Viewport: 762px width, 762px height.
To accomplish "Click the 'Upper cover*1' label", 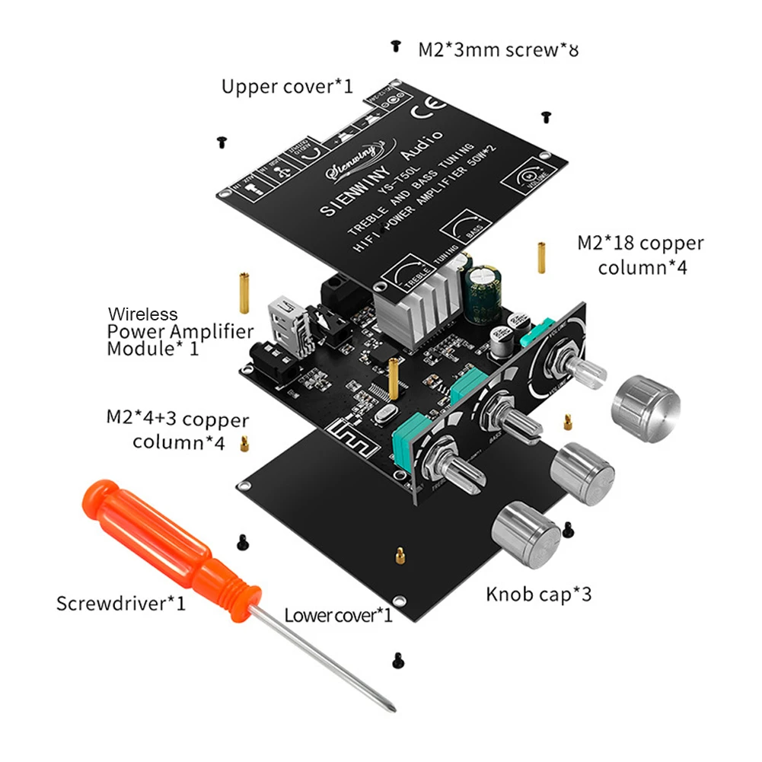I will pyautogui.click(x=287, y=86).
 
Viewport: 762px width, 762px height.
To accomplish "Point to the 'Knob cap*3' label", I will pyautogui.click(x=538, y=594).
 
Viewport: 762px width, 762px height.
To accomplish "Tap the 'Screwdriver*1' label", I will pyautogui.click(x=121, y=604).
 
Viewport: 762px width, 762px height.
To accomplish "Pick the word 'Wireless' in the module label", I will pyautogui.click(x=142, y=314).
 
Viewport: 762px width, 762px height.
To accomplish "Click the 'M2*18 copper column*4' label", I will pyautogui.click(x=639, y=255).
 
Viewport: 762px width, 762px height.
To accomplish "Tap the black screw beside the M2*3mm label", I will pyautogui.click(x=395, y=46).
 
